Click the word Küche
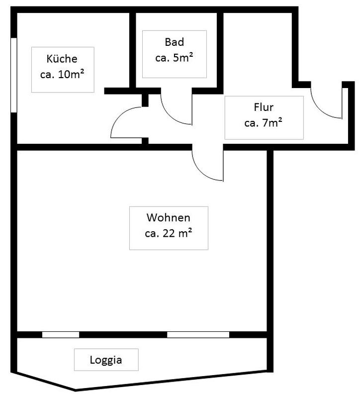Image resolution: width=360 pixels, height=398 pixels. click(62, 59)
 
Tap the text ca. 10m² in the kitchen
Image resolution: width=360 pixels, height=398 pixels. click(62, 74)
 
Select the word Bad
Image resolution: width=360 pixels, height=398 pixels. click(175, 42)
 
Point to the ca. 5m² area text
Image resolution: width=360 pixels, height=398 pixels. click(175, 58)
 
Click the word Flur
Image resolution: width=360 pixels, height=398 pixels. click(264, 107)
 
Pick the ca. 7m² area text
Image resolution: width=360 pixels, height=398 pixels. click(264, 123)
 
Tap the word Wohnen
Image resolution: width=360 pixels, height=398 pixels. click(169, 217)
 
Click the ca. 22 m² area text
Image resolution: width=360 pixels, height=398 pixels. click(169, 233)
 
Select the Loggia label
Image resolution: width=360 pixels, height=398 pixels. click(106, 360)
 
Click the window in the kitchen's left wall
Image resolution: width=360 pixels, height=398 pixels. click(14, 75)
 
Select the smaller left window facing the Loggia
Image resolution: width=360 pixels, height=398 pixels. click(61, 334)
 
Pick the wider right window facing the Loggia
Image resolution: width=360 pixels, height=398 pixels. click(198, 334)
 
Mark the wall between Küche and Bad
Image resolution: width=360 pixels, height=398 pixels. click(133, 50)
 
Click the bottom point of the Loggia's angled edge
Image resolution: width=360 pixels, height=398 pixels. click(76, 391)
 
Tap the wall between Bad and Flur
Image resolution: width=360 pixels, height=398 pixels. click(220, 50)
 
